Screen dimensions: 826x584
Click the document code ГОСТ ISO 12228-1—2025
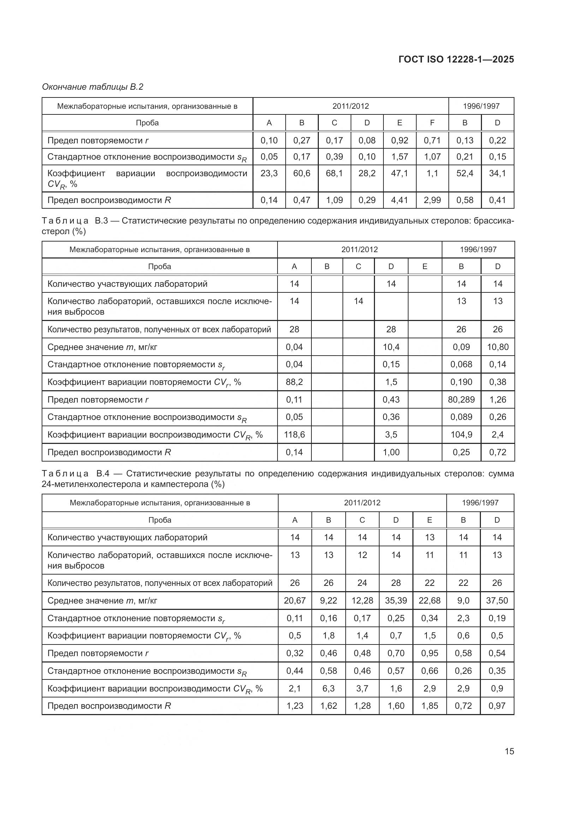pos(456,59)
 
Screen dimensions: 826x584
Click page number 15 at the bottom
pos(509,751)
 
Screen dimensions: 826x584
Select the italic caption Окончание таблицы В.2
pos(93,87)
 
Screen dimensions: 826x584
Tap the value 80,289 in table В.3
pos(461,399)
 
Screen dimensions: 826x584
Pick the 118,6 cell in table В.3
pos(294,435)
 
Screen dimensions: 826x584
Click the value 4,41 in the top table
pos(399,200)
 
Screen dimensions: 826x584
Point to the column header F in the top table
pos(432,123)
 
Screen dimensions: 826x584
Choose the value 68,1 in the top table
pos(334,173)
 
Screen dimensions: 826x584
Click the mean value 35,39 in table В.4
pos(395,600)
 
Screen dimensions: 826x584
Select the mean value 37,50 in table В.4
pos(497,600)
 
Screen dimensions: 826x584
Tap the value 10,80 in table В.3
pos(497,347)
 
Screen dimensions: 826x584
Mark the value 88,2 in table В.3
pos(294,382)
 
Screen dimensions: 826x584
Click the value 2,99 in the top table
pos(432,200)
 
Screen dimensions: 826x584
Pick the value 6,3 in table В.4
pos(328,688)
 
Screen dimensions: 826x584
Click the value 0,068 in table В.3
pos(461,364)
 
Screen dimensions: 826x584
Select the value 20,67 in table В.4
pos(294,600)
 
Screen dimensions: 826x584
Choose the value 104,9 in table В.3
pos(461,435)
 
